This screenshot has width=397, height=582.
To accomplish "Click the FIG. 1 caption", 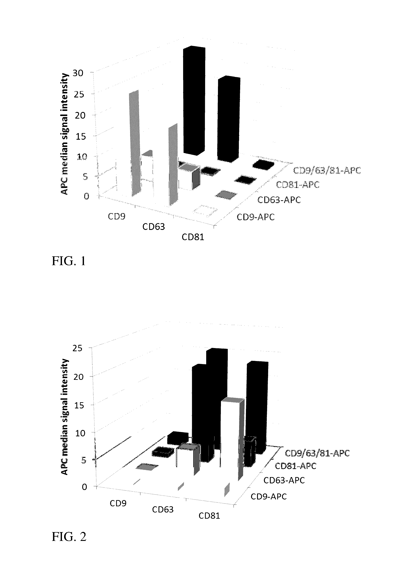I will click(x=69, y=261).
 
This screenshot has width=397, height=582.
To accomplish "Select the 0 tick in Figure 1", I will click(x=86, y=196).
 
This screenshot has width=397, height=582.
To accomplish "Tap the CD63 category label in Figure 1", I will click(x=154, y=227).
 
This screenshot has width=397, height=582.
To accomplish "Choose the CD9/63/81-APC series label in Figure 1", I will click(x=327, y=171).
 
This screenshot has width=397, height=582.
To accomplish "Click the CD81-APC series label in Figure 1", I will click(x=297, y=185).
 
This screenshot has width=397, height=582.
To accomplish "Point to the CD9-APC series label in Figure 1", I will click(x=256, y=217).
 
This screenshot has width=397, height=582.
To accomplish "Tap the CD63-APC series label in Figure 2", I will click(x=284, y=480).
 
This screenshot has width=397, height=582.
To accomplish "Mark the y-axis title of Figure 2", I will click(x=65, y=417).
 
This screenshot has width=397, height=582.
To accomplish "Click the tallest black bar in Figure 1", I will click(x=194, y=100).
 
